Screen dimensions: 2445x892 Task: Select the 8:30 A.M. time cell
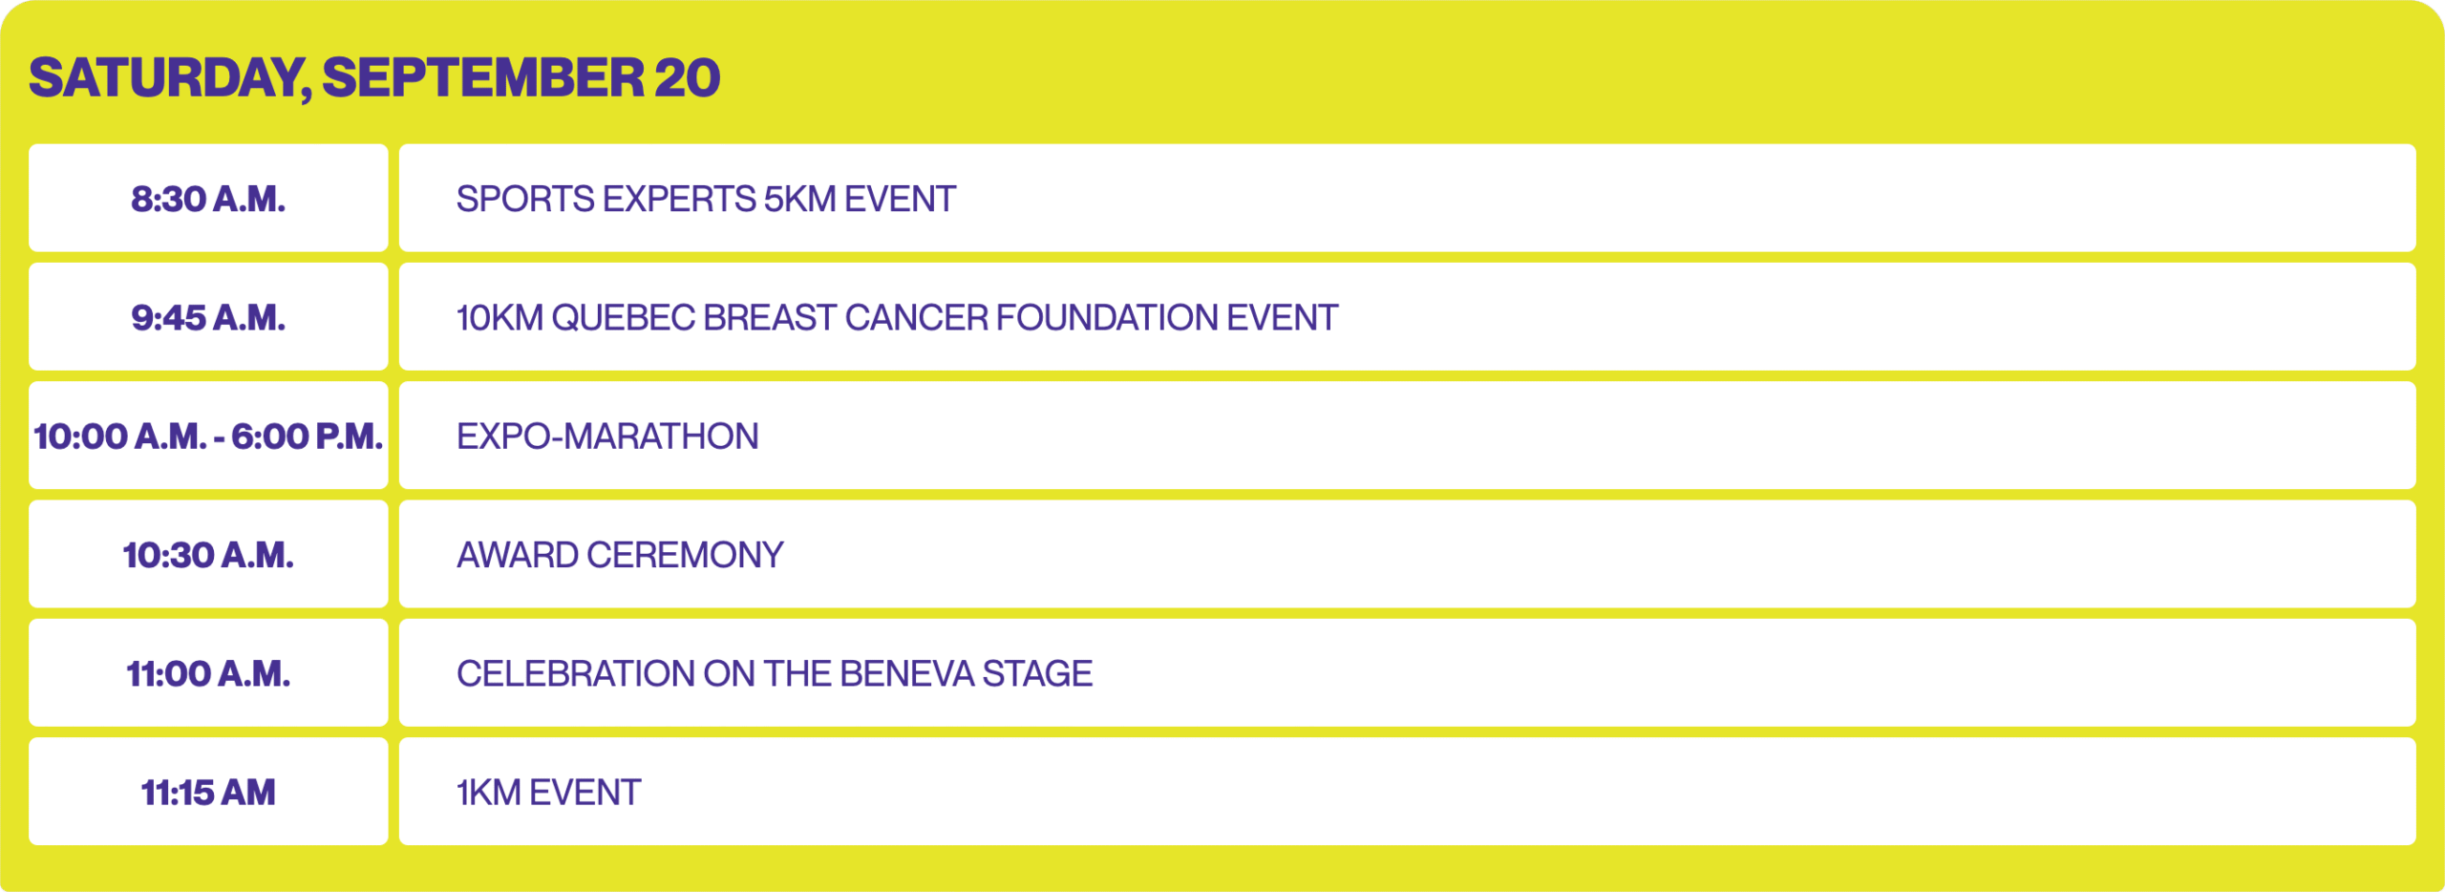[x=208, y=198]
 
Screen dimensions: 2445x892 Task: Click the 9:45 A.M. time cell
[x=208, y=316]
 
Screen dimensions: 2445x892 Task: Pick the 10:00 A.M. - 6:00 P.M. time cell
[x=208, y=435]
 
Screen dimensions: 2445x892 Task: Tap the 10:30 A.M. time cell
[x=208, y=554]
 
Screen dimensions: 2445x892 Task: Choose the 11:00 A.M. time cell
[x=208, y=672]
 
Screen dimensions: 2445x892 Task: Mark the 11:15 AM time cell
[x=208, y=791]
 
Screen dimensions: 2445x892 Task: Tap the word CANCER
[x=916, y=317]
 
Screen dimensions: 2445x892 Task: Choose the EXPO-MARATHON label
[x=607, y=436]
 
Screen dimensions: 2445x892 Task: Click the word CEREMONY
[x=685, y=555]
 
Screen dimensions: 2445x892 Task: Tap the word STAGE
[x=1037, y=673]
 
